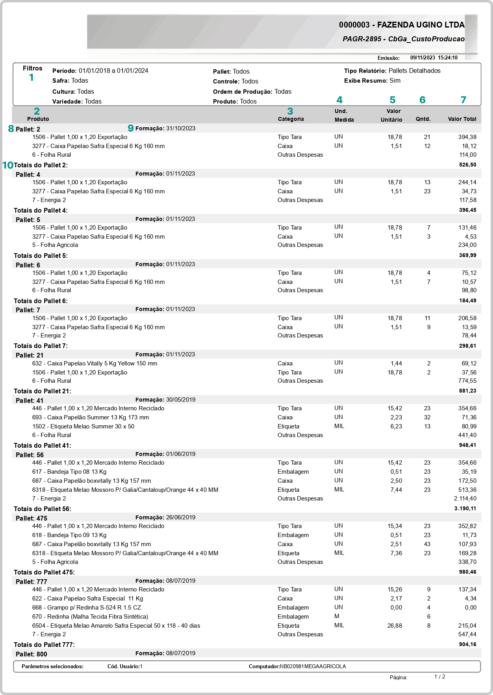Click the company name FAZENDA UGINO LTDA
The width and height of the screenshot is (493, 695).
coord(421,25)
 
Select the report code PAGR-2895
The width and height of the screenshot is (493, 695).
coord(362,39)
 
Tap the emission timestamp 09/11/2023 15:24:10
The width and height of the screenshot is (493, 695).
coord(434,57)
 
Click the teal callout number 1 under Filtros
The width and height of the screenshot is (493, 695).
coord(32,78)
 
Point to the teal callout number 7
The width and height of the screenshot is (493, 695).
coord(463,100)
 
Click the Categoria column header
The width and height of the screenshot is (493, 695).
coord(291,119)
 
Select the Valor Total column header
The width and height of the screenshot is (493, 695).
coord(462,119)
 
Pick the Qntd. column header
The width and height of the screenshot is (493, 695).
coord(423,119)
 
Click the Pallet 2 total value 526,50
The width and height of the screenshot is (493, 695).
coord(467,165)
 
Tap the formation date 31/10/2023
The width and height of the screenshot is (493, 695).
coord(180,128)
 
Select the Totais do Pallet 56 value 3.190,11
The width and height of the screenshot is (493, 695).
coord(465,508)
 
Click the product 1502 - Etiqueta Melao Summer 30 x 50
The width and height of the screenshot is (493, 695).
coord(83,426)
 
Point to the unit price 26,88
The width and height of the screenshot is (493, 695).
coord(395,625)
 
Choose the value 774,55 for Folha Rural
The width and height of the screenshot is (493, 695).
coord(467,381)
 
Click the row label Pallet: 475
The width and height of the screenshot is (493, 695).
coord(31,518)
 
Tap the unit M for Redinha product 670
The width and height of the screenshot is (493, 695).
coord(337,616)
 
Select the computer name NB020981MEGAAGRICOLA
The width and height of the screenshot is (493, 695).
coord(313,666)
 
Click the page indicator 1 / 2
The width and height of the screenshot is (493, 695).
coord(439,676)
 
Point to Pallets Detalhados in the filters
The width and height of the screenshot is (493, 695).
coord(414,71)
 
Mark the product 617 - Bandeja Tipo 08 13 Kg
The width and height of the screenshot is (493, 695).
coord(69,472)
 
